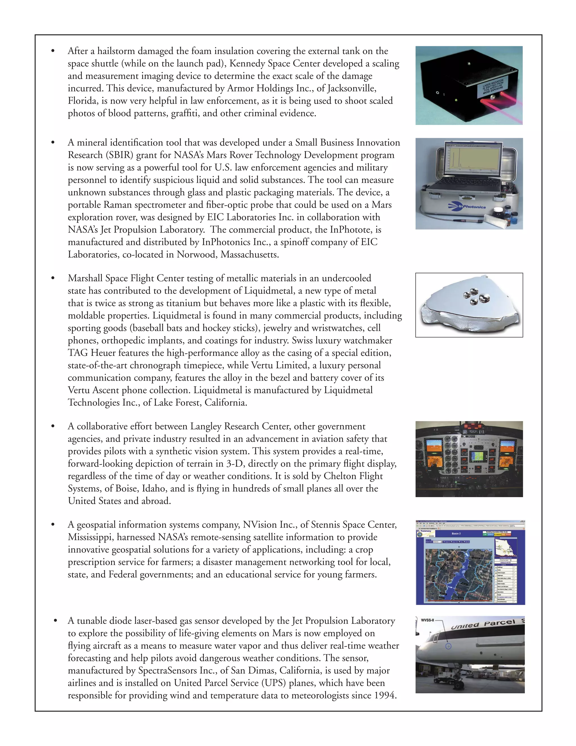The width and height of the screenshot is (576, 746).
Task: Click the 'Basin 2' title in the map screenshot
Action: click(x=456, y=533)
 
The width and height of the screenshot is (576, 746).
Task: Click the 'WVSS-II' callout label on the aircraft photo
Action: click(x=427, y=620)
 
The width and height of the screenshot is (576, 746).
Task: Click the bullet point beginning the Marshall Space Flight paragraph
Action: click(x=53, y=278)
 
